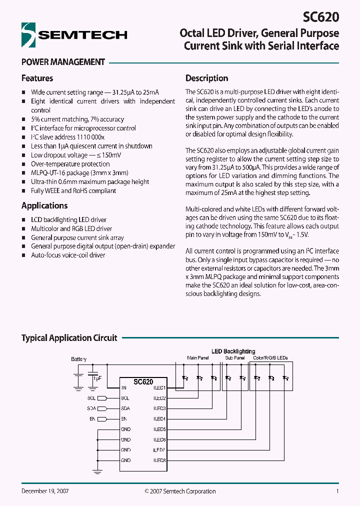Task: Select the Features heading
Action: coord(37,78)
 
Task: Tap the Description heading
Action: coord(206,78)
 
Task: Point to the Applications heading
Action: coord(44,205)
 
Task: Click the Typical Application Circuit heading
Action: coord(69,338)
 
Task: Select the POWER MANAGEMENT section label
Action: coord(63,62)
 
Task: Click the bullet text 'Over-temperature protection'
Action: coord(70,164)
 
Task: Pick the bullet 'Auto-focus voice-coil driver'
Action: coord(68,255)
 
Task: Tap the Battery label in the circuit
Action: coord(78,359)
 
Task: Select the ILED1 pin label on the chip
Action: coord(159,387)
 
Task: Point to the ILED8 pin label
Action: coord(159,460)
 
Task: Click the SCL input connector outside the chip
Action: coord(102,398)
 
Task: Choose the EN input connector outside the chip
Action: coord(102,419)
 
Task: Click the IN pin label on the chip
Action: coord(123,387)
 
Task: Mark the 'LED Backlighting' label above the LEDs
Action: coord(233,351)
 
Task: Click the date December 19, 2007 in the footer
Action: coord(45,491)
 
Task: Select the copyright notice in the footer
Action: coord(180,491)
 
